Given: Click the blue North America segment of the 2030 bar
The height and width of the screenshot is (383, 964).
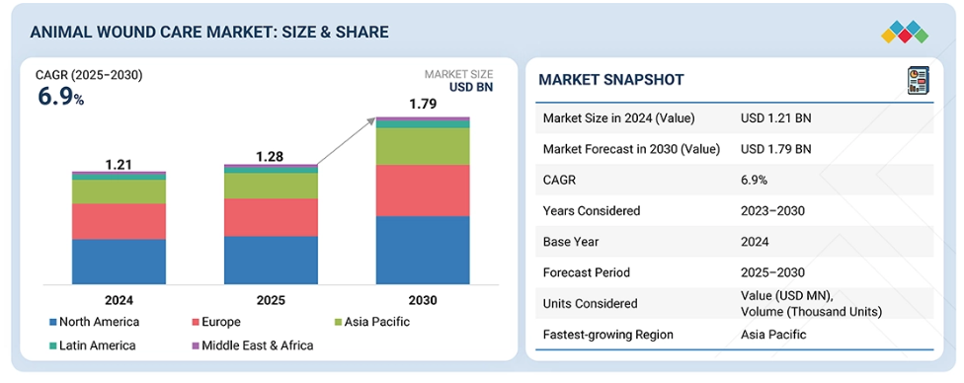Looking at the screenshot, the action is pos(423,250).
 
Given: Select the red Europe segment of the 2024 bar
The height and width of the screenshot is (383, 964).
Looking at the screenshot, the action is pos(119,221).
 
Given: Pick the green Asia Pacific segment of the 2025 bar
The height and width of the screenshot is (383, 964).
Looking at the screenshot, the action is pos(271,186).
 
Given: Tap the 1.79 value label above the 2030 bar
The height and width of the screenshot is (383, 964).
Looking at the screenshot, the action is pos(423,104).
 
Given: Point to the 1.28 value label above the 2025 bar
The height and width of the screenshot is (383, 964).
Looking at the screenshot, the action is pos(271,157).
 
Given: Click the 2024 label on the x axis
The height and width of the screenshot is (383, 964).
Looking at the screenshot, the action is pos(119,301).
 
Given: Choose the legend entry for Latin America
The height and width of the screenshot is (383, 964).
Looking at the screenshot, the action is pos(93,345).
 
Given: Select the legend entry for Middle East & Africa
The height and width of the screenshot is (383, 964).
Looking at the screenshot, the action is pos(253,345).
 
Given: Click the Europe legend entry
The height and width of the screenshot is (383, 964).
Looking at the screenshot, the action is pos(216,322).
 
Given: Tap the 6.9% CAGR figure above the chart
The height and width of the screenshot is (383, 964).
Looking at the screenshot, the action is pos(61,97).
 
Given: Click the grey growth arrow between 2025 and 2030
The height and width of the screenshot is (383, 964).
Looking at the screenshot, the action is pos(346,141).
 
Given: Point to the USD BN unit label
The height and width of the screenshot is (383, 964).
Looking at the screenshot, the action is pos(471,87).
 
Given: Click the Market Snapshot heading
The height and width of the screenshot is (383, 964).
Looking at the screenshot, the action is pos(611,79).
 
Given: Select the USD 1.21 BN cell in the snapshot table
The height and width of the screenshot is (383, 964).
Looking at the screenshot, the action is pos(776,118).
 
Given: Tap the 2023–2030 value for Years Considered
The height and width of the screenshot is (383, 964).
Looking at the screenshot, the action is pos(772,211).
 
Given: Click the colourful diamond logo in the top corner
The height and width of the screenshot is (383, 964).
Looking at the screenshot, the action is pos(905,32).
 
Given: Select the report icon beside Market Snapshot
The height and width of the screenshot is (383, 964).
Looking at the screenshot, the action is pos(919,81).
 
